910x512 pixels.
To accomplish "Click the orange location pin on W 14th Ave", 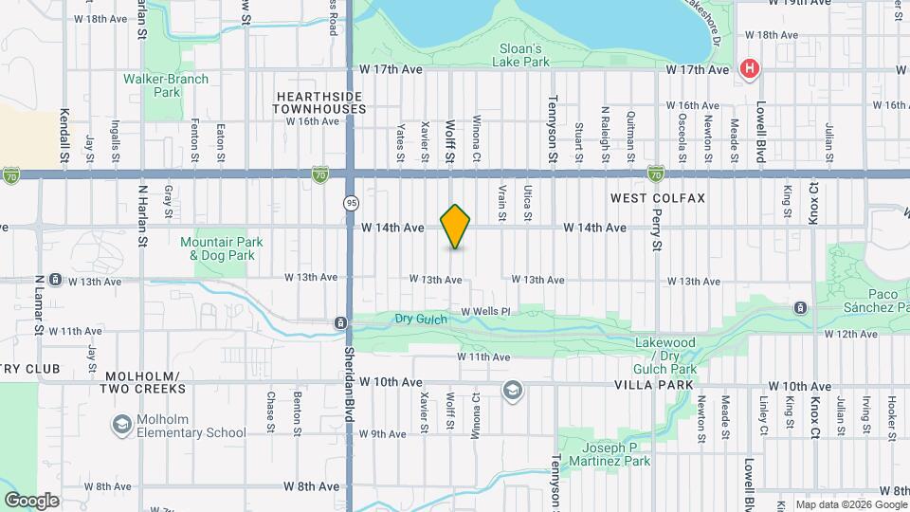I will click(x=456, y=227).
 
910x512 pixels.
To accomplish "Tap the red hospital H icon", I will click(x=750, y=68).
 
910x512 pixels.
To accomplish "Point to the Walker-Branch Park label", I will click(x=153, y=85).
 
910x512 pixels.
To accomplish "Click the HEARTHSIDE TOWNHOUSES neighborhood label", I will click(x=320, y=102).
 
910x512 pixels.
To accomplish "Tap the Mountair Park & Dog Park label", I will click(x=222, y=248).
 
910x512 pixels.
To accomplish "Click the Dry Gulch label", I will click(x=421, y=319).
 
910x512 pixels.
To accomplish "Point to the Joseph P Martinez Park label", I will click(x=604, y=454).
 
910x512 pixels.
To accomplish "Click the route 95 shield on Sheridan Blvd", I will click(x=351, y=203).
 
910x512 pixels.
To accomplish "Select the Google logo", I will click(x=30, y=500).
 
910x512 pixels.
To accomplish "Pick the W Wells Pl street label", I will click(x=485, y=311).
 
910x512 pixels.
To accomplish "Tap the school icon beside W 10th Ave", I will click(x=513, y=391).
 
